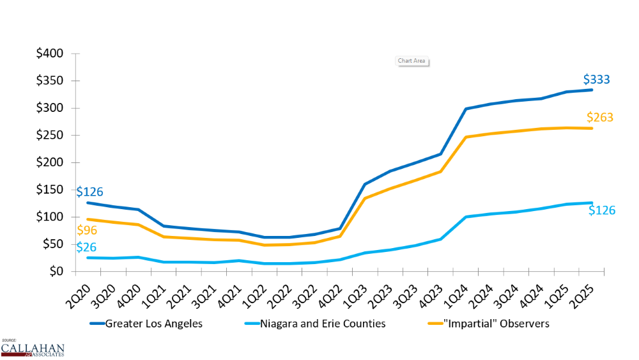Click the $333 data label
596,80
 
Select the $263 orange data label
600,118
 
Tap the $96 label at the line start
87,231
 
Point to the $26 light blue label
87,247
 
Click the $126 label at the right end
602,210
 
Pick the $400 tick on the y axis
49,54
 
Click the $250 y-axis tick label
49,136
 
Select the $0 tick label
56,272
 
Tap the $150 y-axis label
49,190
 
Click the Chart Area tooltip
412,61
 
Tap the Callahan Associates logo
33,349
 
